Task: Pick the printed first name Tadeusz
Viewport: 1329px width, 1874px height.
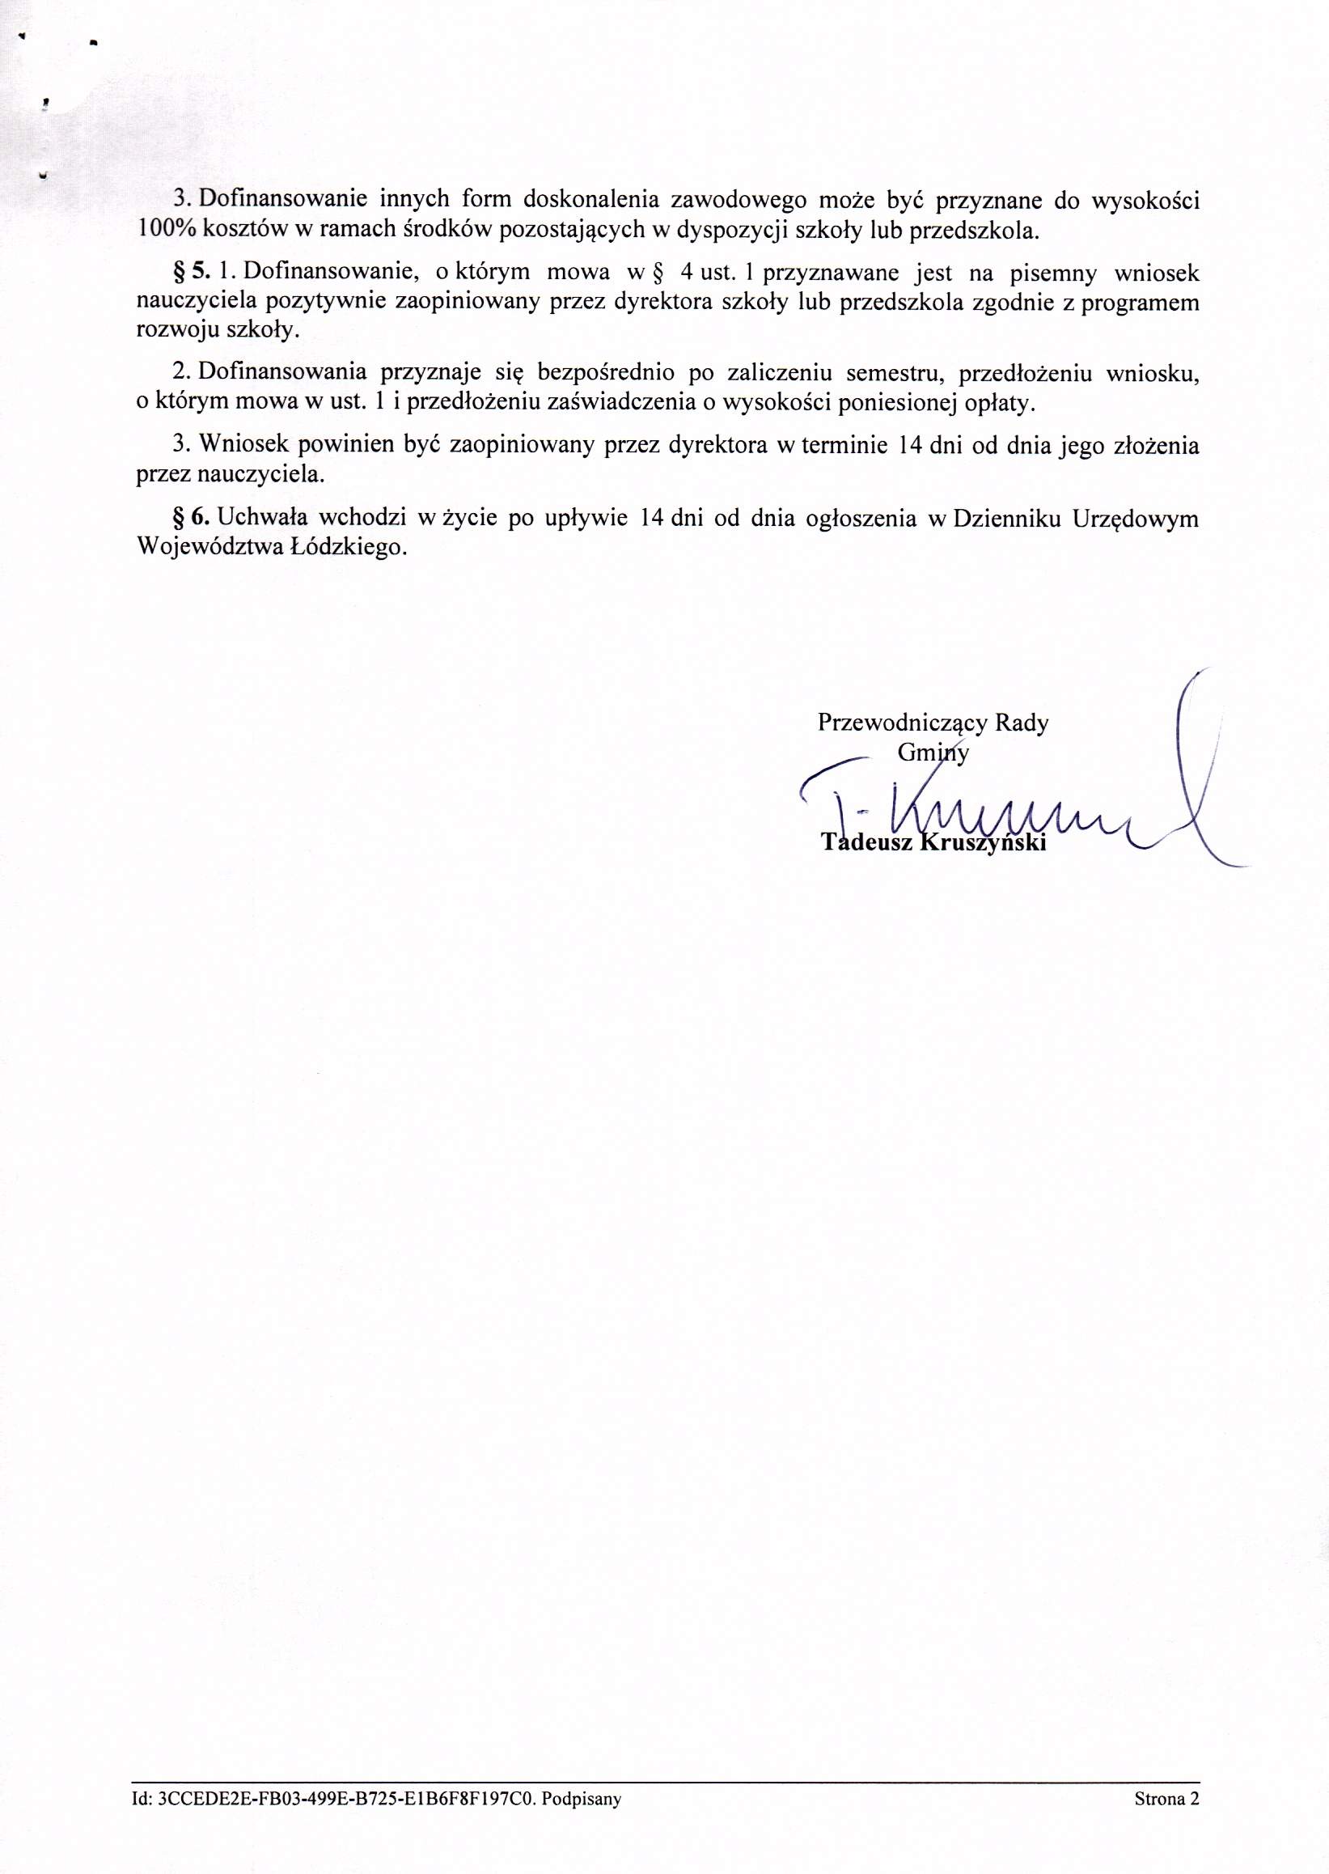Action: (868, 842)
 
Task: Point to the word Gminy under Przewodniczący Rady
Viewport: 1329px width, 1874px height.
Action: (933, 753)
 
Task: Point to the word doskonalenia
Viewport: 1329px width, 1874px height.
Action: (586, 199)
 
